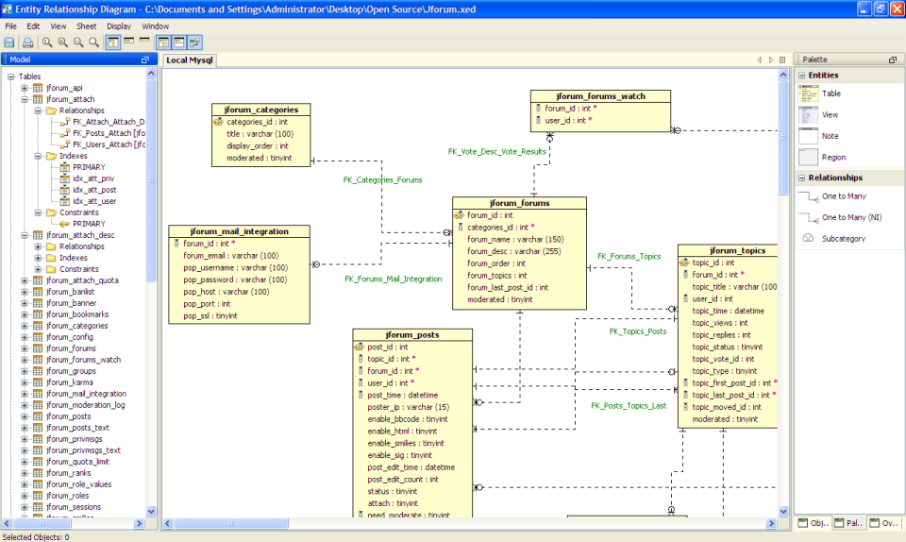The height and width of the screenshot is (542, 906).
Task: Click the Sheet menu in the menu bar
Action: [x=86, y=26]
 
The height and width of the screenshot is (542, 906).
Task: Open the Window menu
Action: [x=156, y=26]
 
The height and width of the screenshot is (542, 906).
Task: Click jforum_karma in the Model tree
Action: [x=69, y=382]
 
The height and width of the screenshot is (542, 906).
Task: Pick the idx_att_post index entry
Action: [x=94, y=190]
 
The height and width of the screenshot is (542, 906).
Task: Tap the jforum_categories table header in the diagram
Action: [x=255, y=110]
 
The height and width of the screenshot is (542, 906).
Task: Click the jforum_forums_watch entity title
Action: [x=600, y=95]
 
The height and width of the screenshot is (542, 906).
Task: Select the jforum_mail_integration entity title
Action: [x=239, y=231]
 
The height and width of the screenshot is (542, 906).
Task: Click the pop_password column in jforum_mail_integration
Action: [x=235, y=279]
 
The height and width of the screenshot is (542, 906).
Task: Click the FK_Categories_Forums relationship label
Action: [x=382, y=179]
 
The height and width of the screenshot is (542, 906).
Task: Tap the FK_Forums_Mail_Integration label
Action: [x=393, y=279]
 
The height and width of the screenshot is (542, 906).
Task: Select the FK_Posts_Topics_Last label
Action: [x=629, y=406]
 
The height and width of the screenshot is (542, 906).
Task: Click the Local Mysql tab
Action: [x=189, y=59]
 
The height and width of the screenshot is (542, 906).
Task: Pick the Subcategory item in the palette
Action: [x=843, y=239]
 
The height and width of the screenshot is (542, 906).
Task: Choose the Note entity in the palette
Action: [x=830, y=136]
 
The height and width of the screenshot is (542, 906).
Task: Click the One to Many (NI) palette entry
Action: [x=851, y=217]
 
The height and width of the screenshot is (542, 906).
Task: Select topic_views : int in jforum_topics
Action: [x=721, y=323]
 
